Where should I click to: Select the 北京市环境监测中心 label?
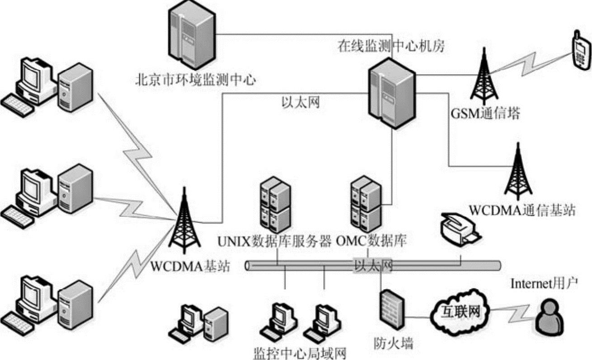[196, 81]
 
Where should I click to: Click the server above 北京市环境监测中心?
[191, 34]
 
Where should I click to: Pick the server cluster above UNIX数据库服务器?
[274, 204]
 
